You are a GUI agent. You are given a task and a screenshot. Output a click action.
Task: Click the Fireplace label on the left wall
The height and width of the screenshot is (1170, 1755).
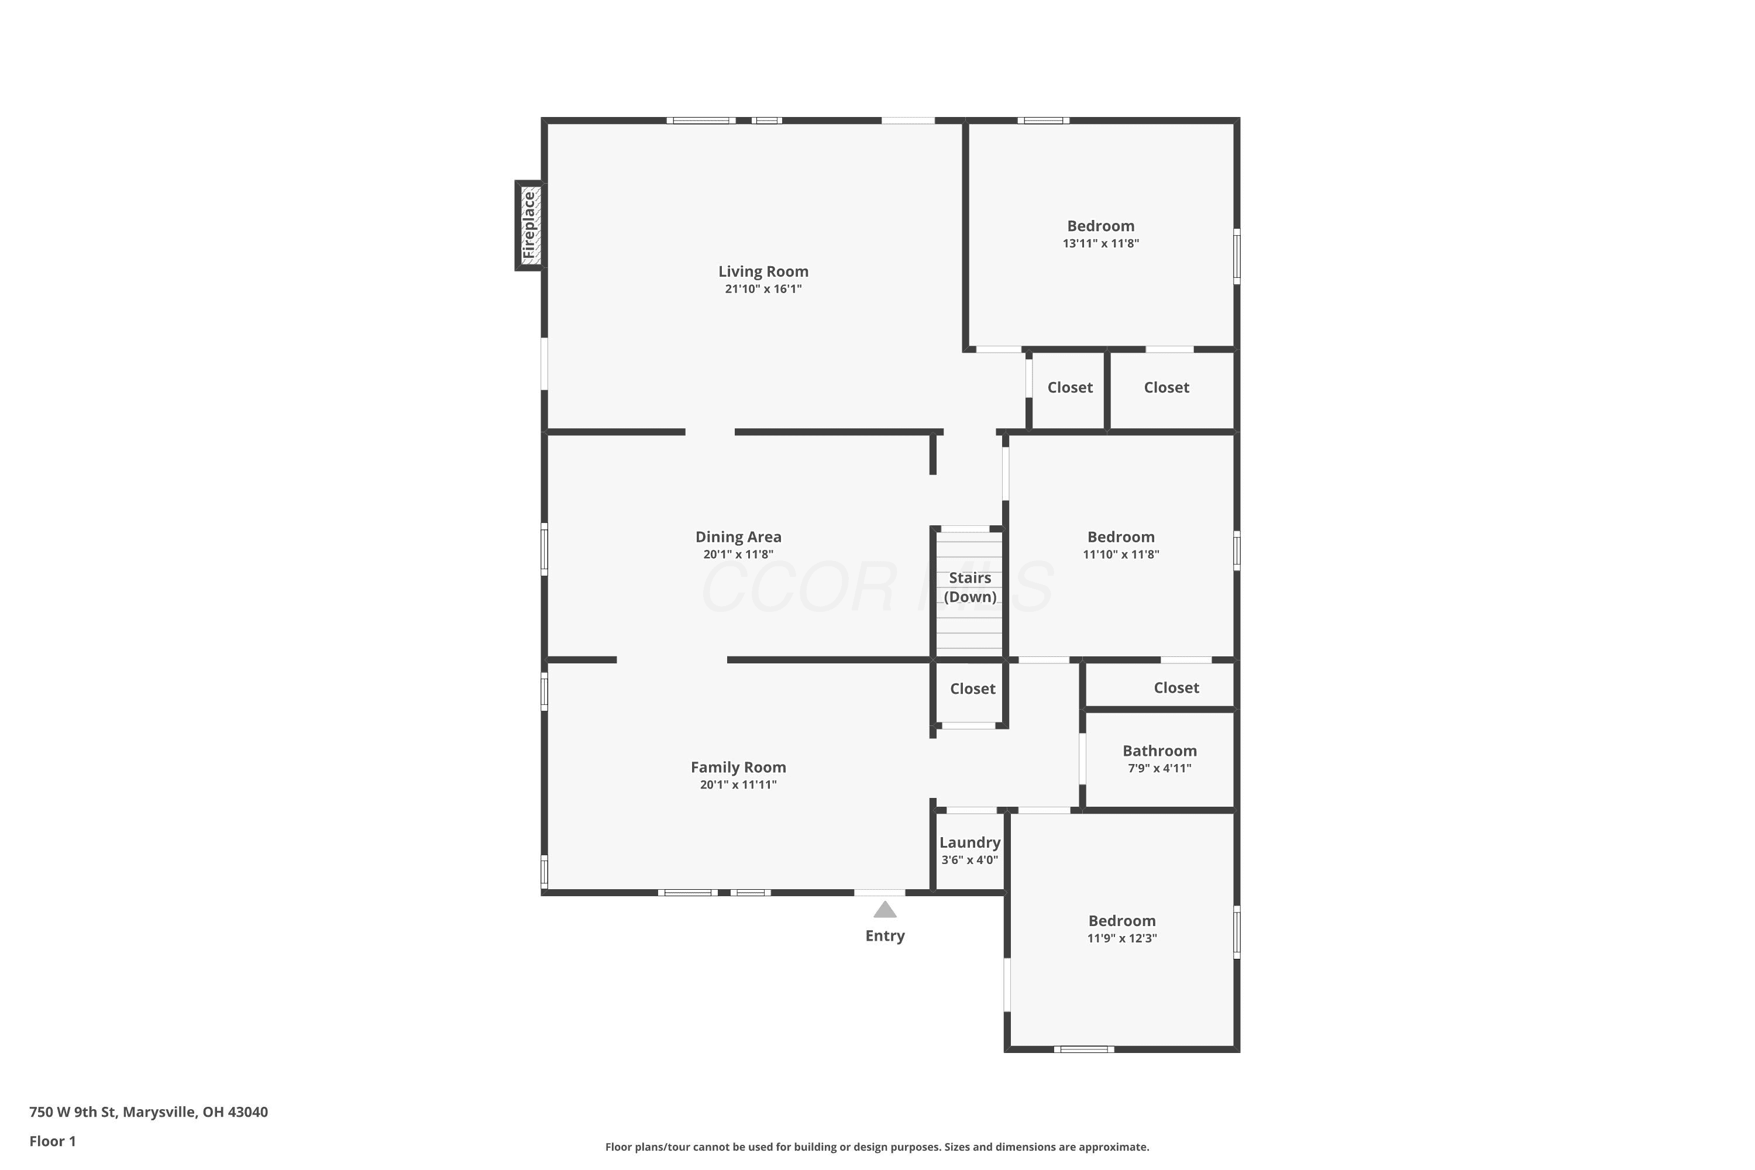(529, 225)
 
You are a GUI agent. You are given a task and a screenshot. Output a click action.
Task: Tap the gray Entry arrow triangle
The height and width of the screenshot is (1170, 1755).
(885, 910)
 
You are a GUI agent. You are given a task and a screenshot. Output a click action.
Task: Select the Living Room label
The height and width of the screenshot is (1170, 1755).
(763, 271)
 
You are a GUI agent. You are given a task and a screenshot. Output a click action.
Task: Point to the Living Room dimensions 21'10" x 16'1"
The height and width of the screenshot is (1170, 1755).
(763, 289)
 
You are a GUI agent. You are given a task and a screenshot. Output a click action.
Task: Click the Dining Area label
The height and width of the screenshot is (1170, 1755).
(739, 536)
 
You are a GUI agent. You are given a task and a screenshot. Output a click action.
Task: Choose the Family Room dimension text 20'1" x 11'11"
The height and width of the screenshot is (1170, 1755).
(739, 784)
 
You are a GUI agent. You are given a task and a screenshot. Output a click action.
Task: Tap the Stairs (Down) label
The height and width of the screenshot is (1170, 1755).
(970, 587)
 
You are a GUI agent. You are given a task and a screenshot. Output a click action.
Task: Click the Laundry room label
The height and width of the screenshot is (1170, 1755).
(970, 842)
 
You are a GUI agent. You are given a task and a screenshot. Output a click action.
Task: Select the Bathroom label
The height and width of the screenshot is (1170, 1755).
(1159, 751)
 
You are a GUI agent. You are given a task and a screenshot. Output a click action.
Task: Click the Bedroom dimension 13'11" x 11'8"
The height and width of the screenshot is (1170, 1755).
(1102, 243)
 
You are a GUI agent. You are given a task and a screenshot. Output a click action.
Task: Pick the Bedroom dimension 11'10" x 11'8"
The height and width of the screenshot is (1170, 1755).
(1121, 555)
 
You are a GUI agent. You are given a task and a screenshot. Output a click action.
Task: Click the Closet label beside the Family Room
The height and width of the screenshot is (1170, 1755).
(973, 689)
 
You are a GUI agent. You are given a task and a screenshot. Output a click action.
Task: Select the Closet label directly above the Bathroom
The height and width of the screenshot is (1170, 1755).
(1176, 688)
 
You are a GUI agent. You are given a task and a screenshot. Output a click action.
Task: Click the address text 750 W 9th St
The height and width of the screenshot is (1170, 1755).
(73, 1112)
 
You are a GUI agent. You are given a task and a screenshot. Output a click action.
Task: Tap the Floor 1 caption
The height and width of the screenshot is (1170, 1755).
(53, 1141)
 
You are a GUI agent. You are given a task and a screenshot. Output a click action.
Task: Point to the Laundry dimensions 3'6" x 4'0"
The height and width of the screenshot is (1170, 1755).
(970, 859)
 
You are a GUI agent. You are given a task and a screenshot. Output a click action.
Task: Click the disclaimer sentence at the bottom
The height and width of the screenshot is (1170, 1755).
(877, 1147)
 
